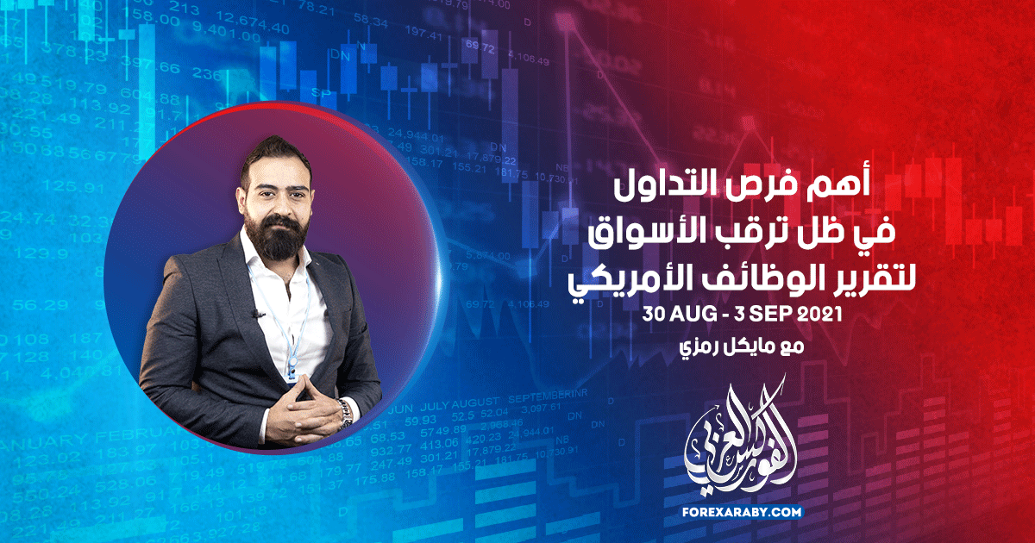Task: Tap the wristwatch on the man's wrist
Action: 345,411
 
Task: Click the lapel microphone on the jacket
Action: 256,315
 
